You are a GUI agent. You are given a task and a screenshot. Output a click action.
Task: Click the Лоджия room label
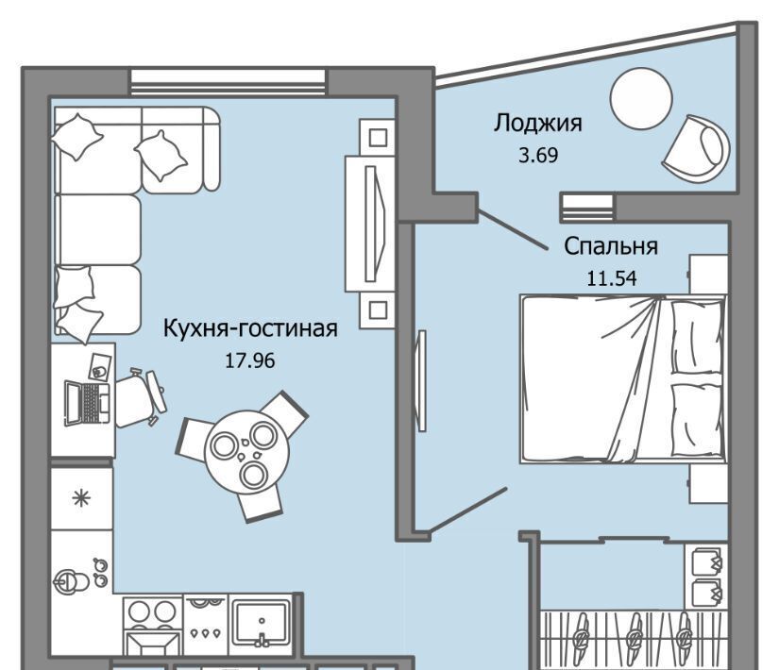pyautogui.click(x=537, y=124)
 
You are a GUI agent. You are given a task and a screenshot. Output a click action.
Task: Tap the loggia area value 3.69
pyautogui.click(x=538, y=156)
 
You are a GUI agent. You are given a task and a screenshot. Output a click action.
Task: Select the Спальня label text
pyautogui.click(x=611, y=246)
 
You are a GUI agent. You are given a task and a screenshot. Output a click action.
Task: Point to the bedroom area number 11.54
pyautogui.click(x=612, y=278)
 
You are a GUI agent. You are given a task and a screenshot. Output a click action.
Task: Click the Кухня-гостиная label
pyautogui.click(x=250, y=328)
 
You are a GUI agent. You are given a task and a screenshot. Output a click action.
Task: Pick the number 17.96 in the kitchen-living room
pyautogui.click(x=250, y=361)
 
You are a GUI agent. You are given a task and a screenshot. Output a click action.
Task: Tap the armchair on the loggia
pyautogui.click(x=697, y=149)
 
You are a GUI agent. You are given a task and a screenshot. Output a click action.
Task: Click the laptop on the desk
pyautogui.click(x=87, y=403)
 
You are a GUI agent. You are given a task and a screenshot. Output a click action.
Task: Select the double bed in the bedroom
pyautogui.click(x=623, y=379)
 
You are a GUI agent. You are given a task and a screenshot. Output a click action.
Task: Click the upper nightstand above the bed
pyautogui.click(x=708, y=275)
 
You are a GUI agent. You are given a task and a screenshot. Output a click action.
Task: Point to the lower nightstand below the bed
pyautogui.click(x=708, y=484)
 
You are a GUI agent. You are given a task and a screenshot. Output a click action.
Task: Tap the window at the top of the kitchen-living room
pyautogui.click(x=229, y=82)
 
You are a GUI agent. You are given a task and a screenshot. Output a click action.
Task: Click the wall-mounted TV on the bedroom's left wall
pyautogui.click(x=422, y=380)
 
